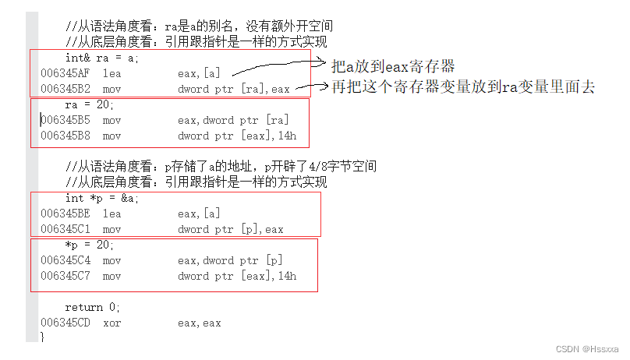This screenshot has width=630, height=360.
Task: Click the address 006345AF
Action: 65,73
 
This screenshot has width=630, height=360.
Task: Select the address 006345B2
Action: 65,89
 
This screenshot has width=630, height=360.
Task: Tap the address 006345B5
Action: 65,120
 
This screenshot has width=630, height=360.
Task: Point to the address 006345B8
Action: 65,136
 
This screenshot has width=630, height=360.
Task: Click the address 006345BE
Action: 65,214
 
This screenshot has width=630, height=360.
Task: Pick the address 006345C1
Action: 65,229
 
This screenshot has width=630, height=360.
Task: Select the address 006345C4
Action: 65,260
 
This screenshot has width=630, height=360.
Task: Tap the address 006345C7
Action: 65,276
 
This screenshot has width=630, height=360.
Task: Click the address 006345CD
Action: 65,323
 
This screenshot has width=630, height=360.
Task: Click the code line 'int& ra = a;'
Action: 101,58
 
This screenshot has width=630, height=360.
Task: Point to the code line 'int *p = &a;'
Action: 101,198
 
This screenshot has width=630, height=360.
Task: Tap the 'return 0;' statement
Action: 93,307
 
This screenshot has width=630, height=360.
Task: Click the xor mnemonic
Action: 111,323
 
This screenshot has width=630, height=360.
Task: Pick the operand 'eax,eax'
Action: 199,323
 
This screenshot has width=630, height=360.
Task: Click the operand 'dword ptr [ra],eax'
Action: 233,89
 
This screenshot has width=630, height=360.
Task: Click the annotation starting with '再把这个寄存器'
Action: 463,87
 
